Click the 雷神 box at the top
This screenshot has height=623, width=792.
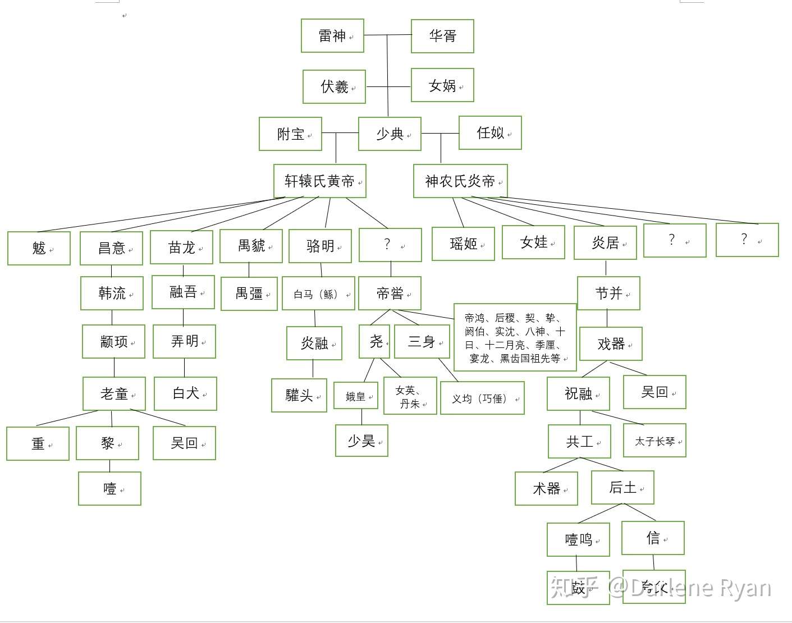[x=332, y=36]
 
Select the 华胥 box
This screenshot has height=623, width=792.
[x=442, y=36]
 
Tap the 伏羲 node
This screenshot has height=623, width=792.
[x=334, y=86]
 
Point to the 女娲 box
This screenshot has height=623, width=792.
[x=442, y=85]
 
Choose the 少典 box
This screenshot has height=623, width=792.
[x=390, y=134]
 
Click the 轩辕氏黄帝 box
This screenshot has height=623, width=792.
[x=319, y=181]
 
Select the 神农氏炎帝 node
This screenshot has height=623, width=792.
[x=460, y=181]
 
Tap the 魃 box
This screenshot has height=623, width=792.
[x=39, y=248]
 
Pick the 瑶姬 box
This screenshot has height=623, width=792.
[x=463, y=244]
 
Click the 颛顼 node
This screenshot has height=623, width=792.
[x=113, y=341]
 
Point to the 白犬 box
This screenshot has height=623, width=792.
[x=185, y=393]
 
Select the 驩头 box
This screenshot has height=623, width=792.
[x=299, y=396]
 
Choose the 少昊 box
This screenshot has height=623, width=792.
[x=361, y=441]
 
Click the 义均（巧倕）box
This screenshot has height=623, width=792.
[x=482, y=398]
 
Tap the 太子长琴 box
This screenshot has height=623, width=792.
[x=654, y=441]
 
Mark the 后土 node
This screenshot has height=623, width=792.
[x=622, y=488]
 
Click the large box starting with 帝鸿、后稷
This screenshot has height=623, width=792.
[x=515, y=338]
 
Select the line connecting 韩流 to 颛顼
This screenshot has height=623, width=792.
[x=112, y=318]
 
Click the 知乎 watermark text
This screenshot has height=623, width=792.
[x=575, y=587]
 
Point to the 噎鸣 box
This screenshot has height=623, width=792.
[x=578, y=539]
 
